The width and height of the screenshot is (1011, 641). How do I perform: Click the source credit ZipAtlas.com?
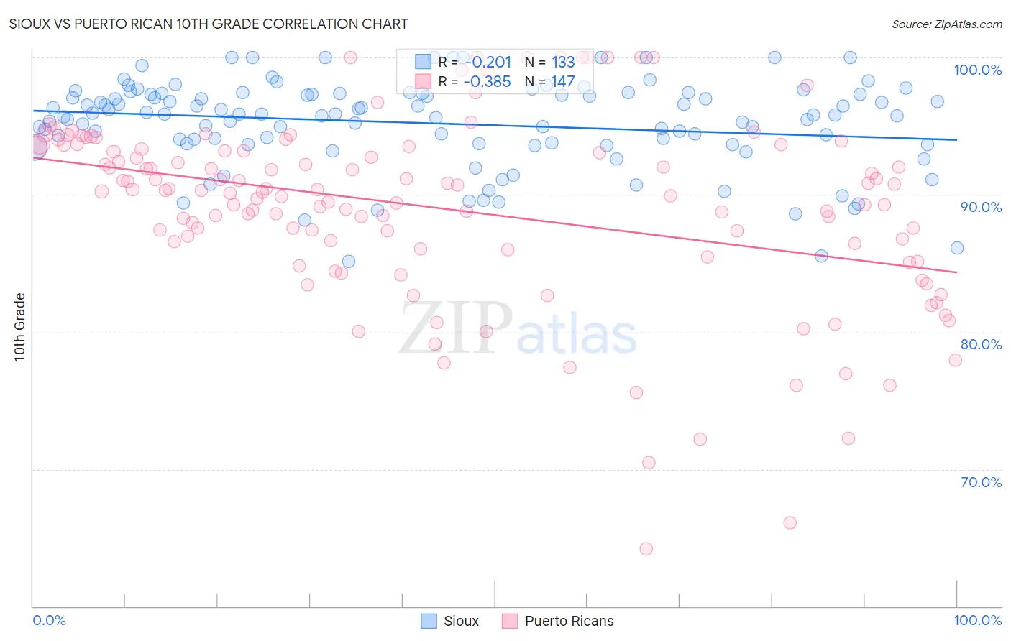tap(946, 24)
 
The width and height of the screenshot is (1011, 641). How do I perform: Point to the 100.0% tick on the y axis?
tap(977, 70)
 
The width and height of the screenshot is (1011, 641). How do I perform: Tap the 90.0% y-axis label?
tap(981, 207)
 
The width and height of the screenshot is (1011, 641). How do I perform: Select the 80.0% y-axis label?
tap(981, 344)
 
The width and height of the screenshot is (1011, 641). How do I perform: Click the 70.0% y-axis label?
tap(981, 482)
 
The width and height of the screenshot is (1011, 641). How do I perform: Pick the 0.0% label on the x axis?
tap(49, 620)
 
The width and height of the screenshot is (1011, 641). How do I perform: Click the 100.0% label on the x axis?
tap(977, 620)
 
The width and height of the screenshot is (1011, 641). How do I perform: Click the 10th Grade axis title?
tap(20, 327)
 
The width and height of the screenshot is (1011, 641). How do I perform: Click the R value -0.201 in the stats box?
tap(488, 63)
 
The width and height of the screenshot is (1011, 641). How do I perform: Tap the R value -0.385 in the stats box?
tap(488, 82)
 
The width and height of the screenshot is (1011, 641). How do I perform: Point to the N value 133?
tap(563, 63)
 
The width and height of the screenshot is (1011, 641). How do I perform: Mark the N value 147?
tap(563, 82)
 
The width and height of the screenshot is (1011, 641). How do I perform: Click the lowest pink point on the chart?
tap(646, 549)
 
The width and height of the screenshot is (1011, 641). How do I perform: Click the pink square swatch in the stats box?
tap(423, 81)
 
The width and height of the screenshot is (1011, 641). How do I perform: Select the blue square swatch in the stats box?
tap(423, 62)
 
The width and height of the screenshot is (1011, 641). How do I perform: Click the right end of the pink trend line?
tap(956, 272)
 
